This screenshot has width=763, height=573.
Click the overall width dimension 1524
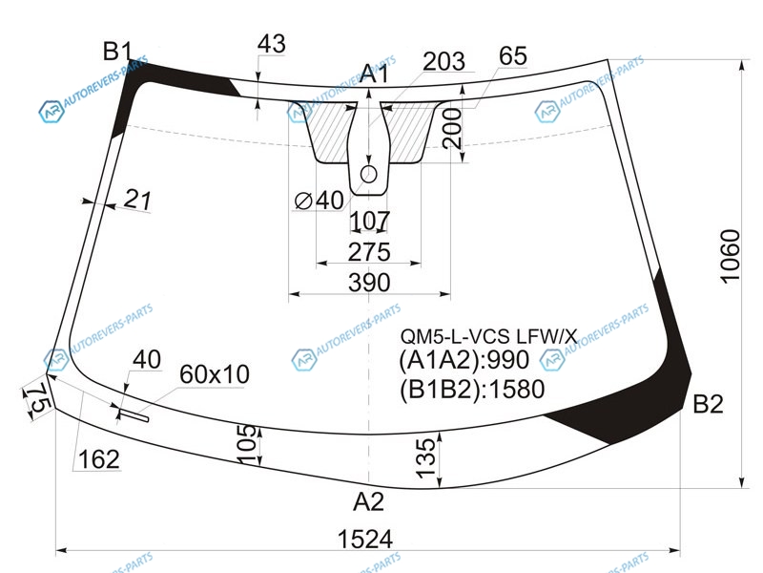(365, 539)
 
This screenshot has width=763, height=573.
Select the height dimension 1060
(730, 256)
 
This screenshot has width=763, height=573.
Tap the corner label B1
(117, 52)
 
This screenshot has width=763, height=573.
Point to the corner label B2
(708, 404)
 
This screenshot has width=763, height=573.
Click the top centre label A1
(375, 74)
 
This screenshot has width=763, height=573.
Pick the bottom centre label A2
(368, 501)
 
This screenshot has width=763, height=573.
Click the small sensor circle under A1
(369, 174)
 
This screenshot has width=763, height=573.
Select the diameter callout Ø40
(320, 201)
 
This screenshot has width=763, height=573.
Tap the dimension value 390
(369, 283)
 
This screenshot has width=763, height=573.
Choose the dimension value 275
(369, 252)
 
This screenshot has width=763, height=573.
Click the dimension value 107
(370, 221)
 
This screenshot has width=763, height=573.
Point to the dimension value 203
(443, 62)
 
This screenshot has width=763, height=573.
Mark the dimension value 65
(513, 56)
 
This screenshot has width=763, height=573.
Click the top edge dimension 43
(272, 44)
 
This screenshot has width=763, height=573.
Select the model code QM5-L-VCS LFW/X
(488, 336)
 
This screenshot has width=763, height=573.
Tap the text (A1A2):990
(464, 361)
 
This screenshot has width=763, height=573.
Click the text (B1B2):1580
(471, 390)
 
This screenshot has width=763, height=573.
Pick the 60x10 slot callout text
(214, 374)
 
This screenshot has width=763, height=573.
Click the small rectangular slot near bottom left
(134, 415)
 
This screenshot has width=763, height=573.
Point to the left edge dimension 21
(137, 200)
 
